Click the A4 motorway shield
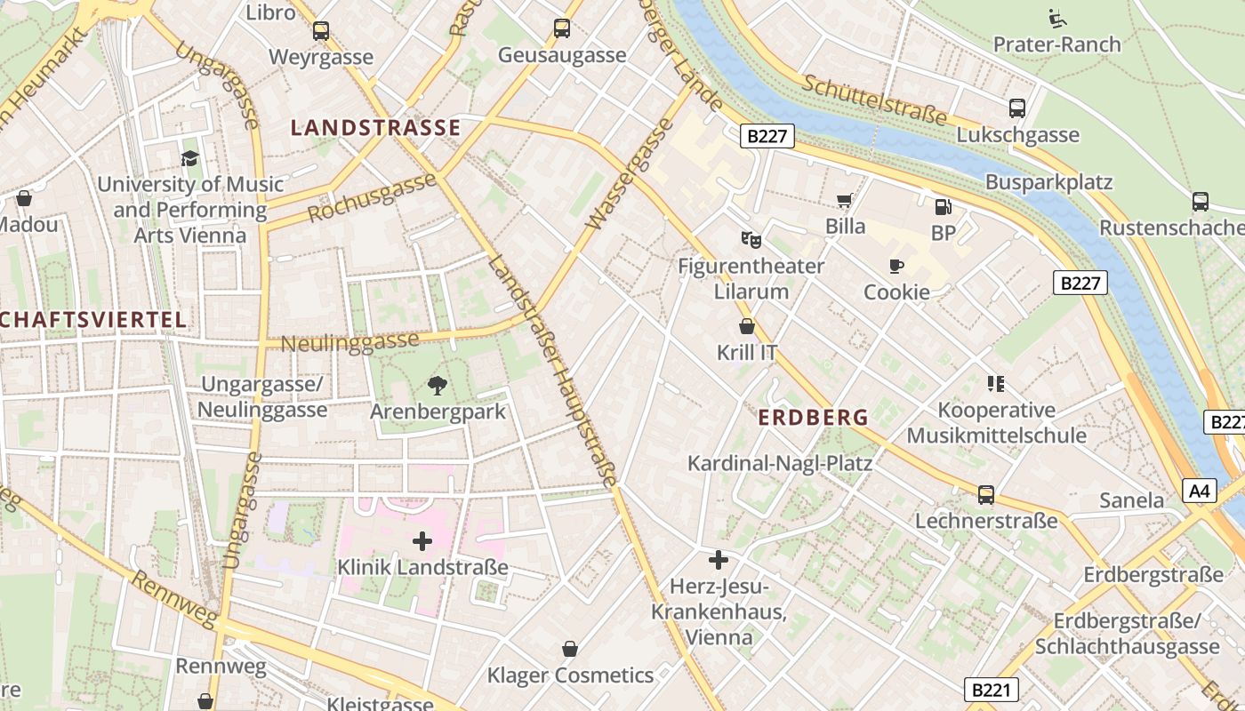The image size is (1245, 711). [x=1200, y=490]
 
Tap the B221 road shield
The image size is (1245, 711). [x=991, y=690]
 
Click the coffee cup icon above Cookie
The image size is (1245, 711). [x=896, y=266]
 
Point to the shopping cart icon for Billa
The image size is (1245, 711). [x=845, y=201]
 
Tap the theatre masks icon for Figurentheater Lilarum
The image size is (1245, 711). [x=751, y=239]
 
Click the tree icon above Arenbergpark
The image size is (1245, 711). [x=437, y=386]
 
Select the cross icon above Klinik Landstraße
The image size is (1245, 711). [x=422, y=540]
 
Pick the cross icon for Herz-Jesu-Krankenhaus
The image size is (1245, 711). [x=719, y=560]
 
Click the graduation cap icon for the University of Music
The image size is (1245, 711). [x=189, y=158]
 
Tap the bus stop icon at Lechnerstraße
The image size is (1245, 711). [x=986, y=495]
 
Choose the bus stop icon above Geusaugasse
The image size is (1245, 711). [x=562, y=28]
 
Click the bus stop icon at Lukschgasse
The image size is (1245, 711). [x=1017, y=108]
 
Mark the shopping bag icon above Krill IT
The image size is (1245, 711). [x=747, y=326]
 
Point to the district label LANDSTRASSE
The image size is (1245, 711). [x=375, y=128]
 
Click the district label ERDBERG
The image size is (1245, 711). [x=813, y=417]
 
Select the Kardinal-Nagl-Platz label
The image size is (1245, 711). [x=780, y=463]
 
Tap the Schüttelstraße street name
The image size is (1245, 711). [x=875, y=100]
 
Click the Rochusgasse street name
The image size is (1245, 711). [x=372, y=198]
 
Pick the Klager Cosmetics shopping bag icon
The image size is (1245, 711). [x=570, y=649]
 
